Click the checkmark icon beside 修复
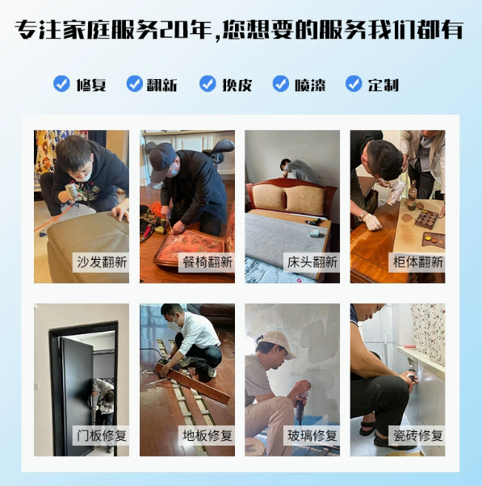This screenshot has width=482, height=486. coord(61,84)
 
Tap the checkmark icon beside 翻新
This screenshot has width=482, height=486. coord(135,84)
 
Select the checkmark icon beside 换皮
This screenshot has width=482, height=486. coord(207,84)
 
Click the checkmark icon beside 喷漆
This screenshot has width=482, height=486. coord(280,84)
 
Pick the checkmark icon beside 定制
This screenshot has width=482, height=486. coord(354,84)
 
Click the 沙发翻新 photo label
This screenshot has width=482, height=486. coord(101,262)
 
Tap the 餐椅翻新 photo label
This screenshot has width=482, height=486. coord(207,262)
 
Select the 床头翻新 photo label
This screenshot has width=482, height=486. coord(312,262)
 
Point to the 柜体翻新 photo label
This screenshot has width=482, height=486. coord(417,262)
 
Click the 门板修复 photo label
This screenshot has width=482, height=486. coord(101,435)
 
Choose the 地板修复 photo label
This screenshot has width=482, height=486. coord(207,435)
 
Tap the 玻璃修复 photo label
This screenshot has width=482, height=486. coord(312,435)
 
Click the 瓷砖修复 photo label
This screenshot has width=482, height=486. coord(417,435)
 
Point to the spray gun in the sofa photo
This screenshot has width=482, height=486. coord(73,192)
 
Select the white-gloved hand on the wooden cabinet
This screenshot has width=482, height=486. coord(372,221)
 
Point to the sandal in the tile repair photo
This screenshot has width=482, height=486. coord(367,429)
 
